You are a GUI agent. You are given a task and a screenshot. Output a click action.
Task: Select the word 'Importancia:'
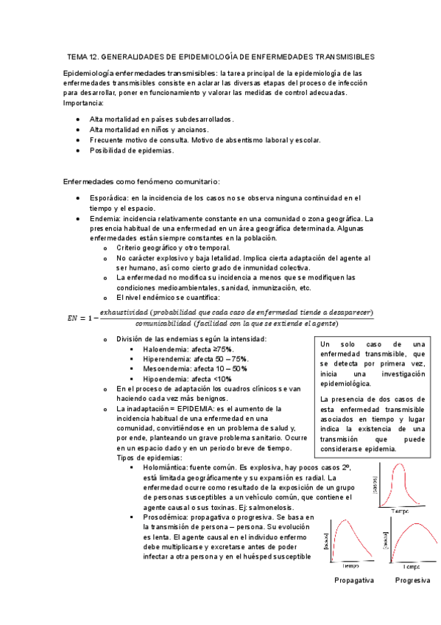click(84, 102)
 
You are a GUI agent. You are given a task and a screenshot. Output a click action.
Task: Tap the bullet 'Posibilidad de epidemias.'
click(132, 150)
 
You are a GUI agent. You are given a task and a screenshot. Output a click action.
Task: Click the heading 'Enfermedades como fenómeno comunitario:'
click(142, 181)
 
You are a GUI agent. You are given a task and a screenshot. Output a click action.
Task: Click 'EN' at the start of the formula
click(72, 318)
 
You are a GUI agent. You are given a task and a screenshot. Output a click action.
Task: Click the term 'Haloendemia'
click(166, 349)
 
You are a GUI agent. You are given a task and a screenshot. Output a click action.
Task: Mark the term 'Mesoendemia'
click(166, 368)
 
